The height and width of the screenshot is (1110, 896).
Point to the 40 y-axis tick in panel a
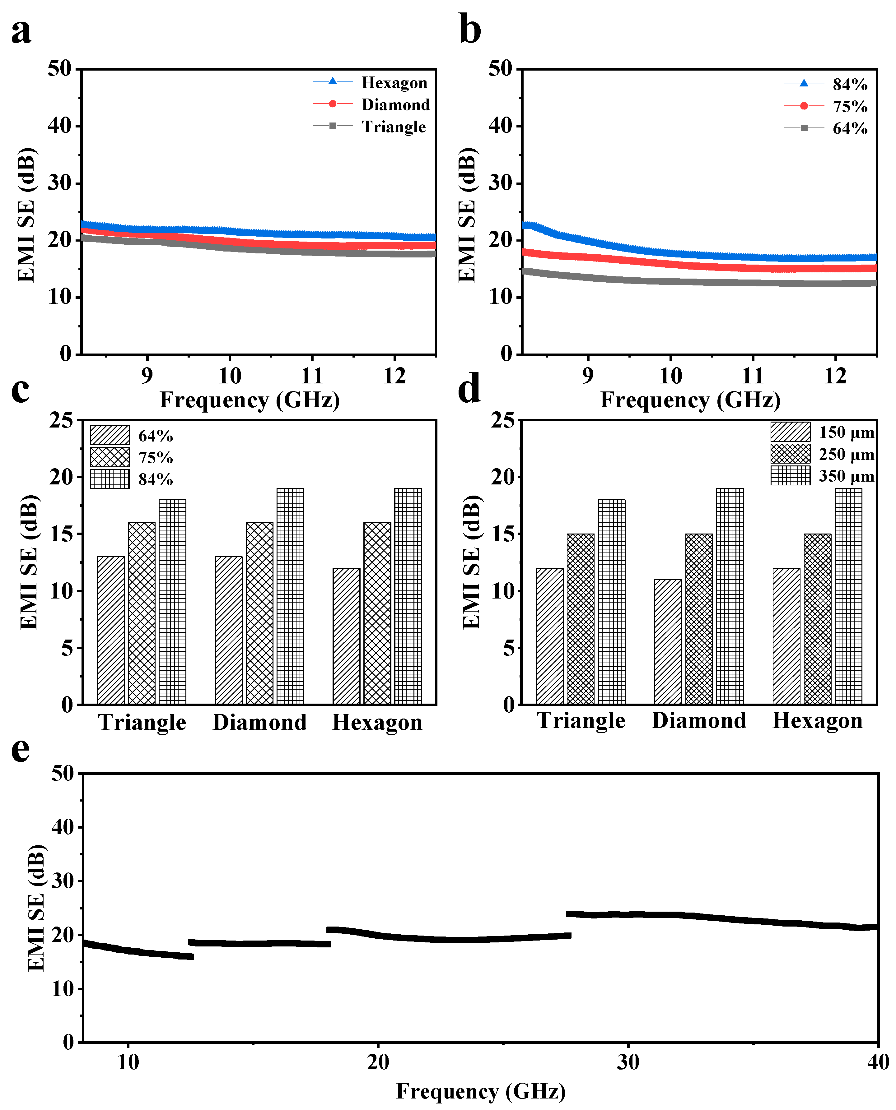click(x=60, y=126)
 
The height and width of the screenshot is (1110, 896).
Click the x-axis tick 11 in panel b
click(x=753, y=376)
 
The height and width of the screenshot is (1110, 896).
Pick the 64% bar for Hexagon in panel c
click(x=346, y=636)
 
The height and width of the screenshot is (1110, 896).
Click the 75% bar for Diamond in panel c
click(x=259, y=613)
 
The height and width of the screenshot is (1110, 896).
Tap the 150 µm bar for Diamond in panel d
click(x=668, y=642)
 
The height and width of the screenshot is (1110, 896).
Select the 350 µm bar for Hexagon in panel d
click(x=848, y=596)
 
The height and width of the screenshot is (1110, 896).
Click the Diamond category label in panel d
click(x=699, y=721)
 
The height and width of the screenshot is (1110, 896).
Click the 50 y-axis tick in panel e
click(x=63, y=774)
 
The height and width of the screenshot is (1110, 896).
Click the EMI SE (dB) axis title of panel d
click(x=471, y=562)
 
